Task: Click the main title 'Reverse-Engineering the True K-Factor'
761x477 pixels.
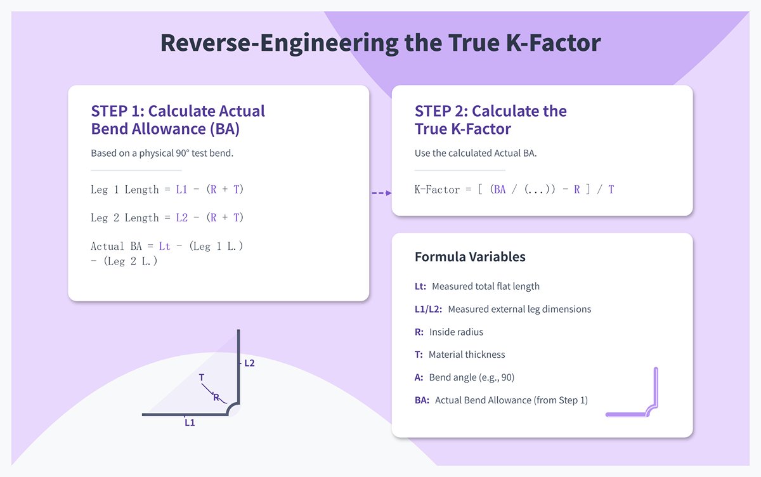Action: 380,42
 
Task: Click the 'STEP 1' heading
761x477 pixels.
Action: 178,120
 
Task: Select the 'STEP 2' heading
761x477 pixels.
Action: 490,120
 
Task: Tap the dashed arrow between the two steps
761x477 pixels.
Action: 380,192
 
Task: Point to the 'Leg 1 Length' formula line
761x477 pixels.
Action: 167,189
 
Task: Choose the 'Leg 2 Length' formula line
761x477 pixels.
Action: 167,218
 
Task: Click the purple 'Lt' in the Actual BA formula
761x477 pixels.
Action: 164,246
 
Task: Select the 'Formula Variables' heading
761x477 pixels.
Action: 470,257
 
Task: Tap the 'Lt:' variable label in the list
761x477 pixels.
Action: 420,286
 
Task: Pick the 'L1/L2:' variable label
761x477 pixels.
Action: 428,309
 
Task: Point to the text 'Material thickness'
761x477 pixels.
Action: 467,355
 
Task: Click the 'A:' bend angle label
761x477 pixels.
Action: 419,377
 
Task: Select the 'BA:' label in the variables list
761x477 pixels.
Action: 422,400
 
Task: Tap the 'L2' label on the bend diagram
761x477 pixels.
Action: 249,363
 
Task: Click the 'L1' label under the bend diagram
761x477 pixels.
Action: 190,422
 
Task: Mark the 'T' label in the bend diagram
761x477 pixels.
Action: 202,377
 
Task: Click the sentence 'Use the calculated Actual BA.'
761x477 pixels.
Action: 476,153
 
